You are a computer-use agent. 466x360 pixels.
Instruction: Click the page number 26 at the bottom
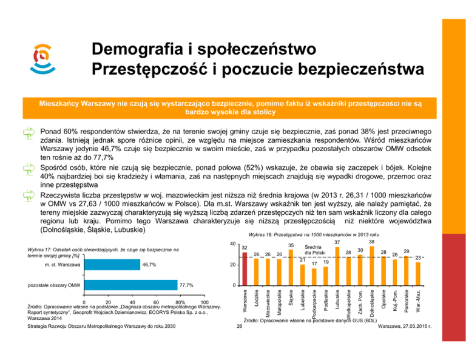click(240, 326)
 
